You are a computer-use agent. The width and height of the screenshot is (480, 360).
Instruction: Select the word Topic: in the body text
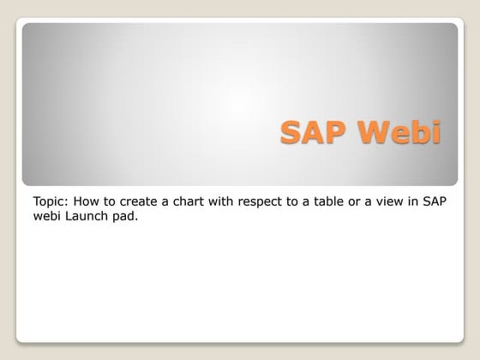pyautogui.click(x=51, y=201)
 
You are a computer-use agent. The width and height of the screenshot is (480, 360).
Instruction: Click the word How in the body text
pyautogui.click(x=87, y=201)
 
